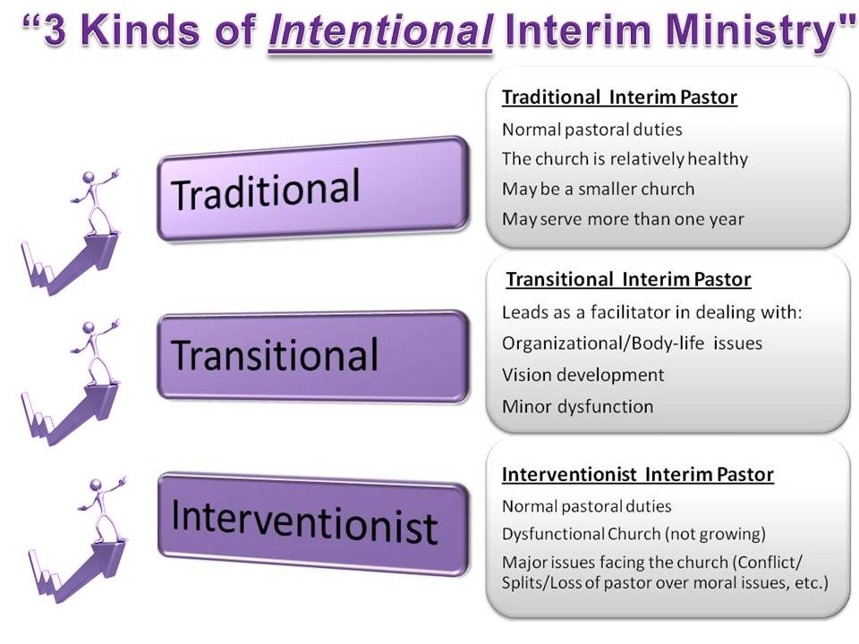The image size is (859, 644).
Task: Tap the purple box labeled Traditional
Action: [313, 189]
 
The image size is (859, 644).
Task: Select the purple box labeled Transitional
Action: [313, 357]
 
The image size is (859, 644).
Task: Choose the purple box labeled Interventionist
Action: [313, 523]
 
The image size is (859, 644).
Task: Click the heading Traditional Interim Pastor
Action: [619, 97]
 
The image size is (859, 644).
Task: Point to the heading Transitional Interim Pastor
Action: [628, 279]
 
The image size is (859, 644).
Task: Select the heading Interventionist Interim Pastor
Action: [638, 474]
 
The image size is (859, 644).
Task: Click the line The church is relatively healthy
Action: [625, 159]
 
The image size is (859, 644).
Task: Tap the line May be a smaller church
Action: [599, 189]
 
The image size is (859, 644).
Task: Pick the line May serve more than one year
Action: [623, 219]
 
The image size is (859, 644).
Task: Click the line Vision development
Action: [583, 375]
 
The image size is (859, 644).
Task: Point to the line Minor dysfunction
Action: [577, 407]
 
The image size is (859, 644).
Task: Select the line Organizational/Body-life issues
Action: [633, 343]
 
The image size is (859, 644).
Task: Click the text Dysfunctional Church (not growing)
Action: [634, 534]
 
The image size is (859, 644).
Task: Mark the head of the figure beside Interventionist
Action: [97, 486]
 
